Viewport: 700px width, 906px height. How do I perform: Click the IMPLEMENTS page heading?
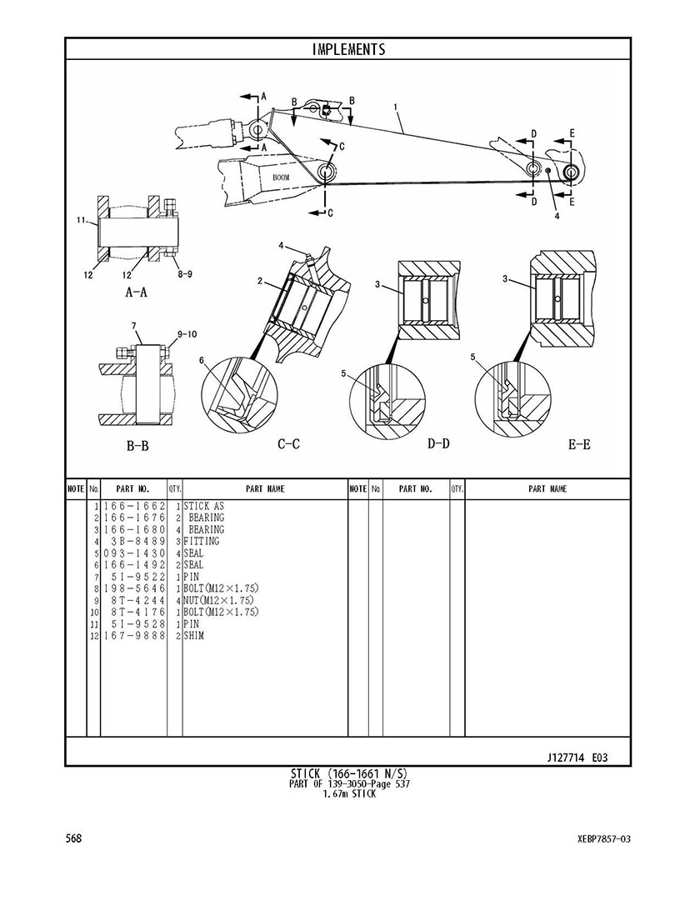pyautogui.click(x=348, y=49)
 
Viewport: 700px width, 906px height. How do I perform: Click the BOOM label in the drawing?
pyautogui.click(x=282, y=178)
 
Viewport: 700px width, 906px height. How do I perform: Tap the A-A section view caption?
pyautogui.click(x=137, y=293)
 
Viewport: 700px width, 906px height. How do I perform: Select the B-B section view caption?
pyautogui.click(x=137, y=446)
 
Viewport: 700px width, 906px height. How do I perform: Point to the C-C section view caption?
pyautogui.click(x=289, y=444)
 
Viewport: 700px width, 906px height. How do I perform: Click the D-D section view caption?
pyautogui.click(x=438, y=443)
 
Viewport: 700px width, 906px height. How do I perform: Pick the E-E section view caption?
pyautogui.click(x=579, y=444)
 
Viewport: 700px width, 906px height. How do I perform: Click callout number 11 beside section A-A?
pyautogui.click(x=82, y=219)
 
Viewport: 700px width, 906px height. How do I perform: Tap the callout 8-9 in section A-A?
pyautogui.click(x=185, y=274)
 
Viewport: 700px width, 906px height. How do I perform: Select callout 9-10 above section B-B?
pyautogui.click(x=187, y=334)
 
